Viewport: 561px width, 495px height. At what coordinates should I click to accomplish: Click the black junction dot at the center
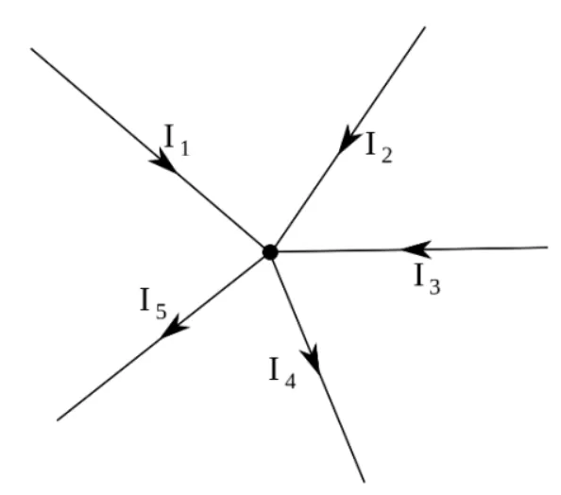pos(270,252)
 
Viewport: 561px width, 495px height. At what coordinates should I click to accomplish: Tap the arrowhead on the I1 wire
pos(163,161)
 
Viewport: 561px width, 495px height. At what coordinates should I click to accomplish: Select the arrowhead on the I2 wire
pos(348,139)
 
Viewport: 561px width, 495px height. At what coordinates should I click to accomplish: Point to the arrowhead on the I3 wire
pos(416,249)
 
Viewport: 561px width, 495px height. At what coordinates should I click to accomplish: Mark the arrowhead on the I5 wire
pos(175,327)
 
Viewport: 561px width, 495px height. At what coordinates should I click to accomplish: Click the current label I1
pos(177,140)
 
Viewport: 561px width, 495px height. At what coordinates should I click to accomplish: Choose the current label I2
pos(379,147)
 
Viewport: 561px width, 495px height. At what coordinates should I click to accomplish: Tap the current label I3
pos(427,280)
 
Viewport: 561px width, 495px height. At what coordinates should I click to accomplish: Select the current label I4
pos(282,372)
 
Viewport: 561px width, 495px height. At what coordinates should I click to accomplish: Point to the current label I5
pos(154,304)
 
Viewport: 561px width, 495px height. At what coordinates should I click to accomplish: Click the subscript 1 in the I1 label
pos(184,148)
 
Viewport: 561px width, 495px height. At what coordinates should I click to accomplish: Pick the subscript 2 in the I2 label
pos(387,156)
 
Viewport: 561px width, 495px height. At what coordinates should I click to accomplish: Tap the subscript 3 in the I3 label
pos(434,287)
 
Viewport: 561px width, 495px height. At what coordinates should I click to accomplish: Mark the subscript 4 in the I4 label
pos(291,381)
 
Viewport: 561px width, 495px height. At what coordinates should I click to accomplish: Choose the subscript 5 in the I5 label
pos(161,312)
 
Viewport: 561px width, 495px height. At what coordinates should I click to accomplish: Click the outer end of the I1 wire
pos(31,48)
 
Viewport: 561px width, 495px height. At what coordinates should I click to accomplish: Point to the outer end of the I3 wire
pos(548,247)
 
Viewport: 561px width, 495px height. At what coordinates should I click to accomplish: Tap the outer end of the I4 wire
pos(365,482)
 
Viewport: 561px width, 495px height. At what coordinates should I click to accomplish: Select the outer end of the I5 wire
pos(58,420)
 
